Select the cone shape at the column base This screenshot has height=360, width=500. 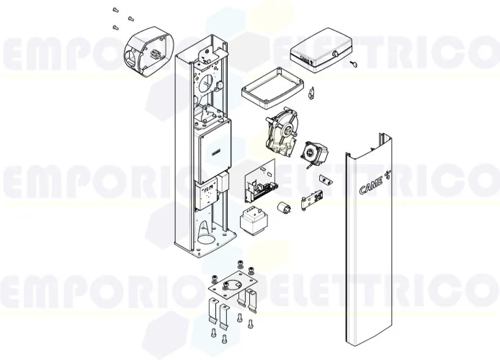click(206, 232)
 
